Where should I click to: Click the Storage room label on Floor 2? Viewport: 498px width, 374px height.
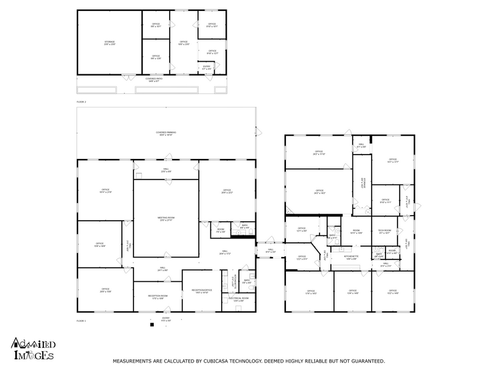109,43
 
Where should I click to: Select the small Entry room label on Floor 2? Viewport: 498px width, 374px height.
206,67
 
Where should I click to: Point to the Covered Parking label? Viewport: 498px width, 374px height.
166,133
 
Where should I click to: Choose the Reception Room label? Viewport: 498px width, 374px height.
157,297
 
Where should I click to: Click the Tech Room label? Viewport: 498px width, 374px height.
384,232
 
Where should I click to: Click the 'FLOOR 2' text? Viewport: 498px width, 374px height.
81,102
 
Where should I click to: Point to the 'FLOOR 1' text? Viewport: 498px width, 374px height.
81,321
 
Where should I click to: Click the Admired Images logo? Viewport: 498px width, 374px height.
33,349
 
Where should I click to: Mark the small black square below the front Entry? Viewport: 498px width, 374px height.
152,325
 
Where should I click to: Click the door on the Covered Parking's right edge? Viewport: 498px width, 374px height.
257,132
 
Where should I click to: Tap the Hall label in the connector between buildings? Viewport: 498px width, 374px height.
270,251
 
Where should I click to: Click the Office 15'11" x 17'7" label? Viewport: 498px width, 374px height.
393,160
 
